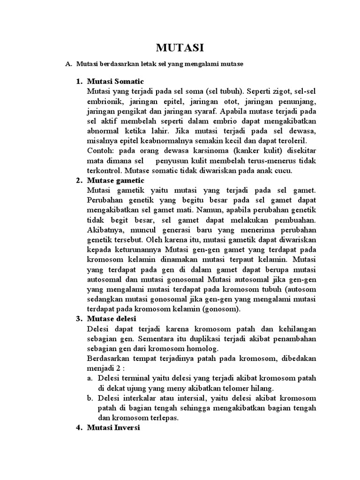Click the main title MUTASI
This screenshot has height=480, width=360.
180,48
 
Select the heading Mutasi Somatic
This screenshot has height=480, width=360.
115,82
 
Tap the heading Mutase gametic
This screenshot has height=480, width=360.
116,180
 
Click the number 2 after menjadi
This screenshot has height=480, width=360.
120,368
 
